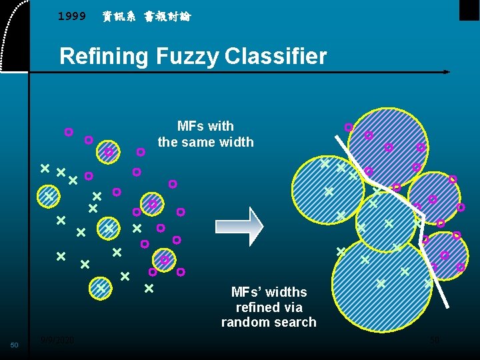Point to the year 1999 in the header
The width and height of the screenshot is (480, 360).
(x=71, y=17)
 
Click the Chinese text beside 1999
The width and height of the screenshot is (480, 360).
(x=146, y=17)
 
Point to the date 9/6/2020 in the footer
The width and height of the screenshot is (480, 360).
(x=57, y=341)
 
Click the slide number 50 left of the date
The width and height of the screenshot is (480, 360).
(x=14, y=345)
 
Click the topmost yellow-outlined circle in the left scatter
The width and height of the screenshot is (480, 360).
(x=109, y=152)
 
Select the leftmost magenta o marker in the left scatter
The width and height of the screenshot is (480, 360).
(x=69, y=132)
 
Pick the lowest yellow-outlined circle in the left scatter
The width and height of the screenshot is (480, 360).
(x=101, y=288)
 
